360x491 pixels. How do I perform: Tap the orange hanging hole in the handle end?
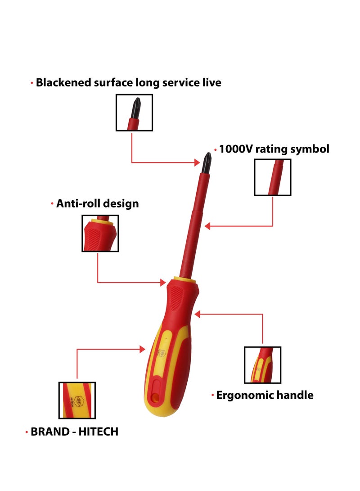pyautogui.click(x=154, y=397)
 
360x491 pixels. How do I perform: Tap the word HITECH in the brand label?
pyautogui.click(x=98, y=432)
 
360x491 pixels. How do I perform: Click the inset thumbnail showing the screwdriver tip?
pyautogui.click(x=134, y=113)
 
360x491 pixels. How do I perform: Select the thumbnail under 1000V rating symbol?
pyautogui.click(x=273, y=177)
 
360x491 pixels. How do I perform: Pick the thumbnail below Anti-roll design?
pyautogui.click(x=100, y=233)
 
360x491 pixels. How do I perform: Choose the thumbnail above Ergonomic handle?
pyautogui.click(x=262, y=365)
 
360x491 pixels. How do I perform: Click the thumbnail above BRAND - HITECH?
pyautogui.click(x=77, y=400)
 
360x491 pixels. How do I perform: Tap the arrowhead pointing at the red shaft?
pyautogui.click(x=207, y=226)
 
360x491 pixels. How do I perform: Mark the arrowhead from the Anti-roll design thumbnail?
pyautogui.click(x=163, y=283)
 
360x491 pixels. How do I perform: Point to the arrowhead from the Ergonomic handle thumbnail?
pyautogui.click(x=197, y=314)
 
